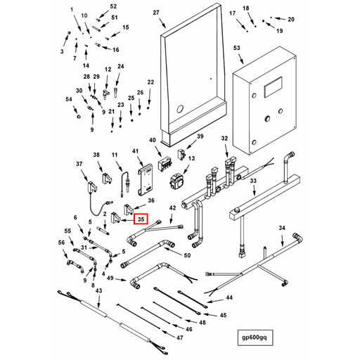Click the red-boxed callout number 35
(141, 219)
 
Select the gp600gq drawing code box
(255, 337)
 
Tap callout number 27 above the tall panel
(156, 13)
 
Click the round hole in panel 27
(180, 109)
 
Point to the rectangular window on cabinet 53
(273, 87)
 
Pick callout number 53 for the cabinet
(237, 48)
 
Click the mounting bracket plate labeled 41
(145, 181)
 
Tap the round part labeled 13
(176, 181)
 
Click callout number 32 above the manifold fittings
(224, 139)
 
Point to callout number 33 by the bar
(253, 181)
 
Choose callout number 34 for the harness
(282, 228)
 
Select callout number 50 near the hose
(187, 255)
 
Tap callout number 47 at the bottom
(179, 337)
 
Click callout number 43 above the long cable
(98, 290)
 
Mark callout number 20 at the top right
(291, 19)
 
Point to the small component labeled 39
(181, 154)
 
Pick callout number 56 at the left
(61, 243)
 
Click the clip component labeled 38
(107, 178)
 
